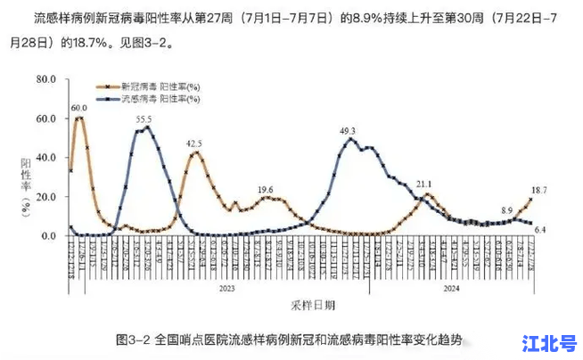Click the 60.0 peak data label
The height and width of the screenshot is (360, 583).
tap(80, 108)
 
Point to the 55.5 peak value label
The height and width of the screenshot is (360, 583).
tap(144, 119)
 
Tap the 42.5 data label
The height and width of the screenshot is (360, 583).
tap(193, 143)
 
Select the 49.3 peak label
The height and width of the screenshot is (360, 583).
tap(348, 131)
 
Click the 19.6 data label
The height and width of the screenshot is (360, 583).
tap(266, 190)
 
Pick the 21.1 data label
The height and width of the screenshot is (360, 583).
tap(423, 184)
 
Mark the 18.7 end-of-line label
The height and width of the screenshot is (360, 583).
tap(539, 191)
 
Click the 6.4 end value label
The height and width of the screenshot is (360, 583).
tap(539, 230)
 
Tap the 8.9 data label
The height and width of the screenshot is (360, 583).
tap(506, 210)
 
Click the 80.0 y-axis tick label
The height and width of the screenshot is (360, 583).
tap(45, 80)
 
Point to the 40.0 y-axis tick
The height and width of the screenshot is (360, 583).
tap(45, 158)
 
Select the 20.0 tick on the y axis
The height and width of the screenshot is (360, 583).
tap(45, 197)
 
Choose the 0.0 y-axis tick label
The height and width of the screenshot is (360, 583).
tap(48, 236)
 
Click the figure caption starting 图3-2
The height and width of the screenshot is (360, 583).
tap(290, 340)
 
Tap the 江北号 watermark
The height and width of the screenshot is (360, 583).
tap(550, 342)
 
